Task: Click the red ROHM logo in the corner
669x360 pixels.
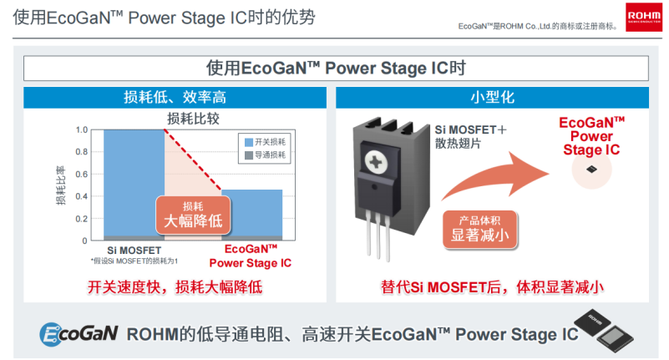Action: (642, 17)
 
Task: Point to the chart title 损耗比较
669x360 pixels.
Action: (193, 118)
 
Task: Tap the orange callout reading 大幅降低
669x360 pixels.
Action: (193, 215)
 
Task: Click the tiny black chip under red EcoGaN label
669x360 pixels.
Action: (592, 169)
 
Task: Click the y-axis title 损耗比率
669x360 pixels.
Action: (60, 185)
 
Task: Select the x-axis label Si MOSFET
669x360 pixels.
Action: (134, 250)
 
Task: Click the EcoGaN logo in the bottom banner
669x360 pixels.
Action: (78, 334)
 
